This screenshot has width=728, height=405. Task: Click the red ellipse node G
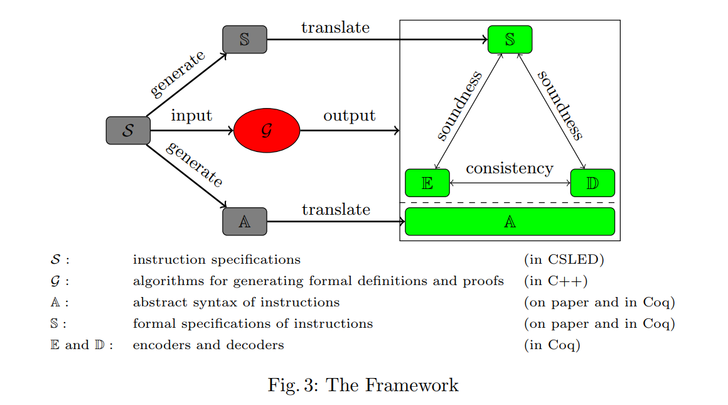[267, 131]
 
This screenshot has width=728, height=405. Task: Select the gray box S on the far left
[128, 131]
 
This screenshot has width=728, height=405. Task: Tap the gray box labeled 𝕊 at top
[245, 40]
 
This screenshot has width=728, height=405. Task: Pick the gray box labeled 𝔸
[245, 221]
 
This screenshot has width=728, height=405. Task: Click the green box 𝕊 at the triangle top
[510, 40]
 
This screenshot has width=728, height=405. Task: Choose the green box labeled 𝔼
[427, 183]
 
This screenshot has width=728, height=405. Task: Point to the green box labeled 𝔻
[592, 183]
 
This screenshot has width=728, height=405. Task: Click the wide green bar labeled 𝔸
[510, 221]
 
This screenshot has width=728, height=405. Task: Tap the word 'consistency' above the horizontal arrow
[510, 168]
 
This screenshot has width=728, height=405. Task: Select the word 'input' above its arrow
[191, 116]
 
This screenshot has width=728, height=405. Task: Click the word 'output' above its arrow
[350, 116]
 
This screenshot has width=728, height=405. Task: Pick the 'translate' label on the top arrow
[335, 28]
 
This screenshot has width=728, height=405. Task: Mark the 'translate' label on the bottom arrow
[336, 210]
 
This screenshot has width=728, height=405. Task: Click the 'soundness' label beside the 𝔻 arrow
[560, 104]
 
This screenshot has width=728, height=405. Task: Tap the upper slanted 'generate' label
[178, 74]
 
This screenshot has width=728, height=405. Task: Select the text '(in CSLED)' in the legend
[564, 259]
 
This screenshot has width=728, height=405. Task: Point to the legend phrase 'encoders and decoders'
[208, 345]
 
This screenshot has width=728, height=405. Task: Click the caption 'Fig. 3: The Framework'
[363, 385]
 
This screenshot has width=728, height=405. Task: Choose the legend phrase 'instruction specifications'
[217, 259]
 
